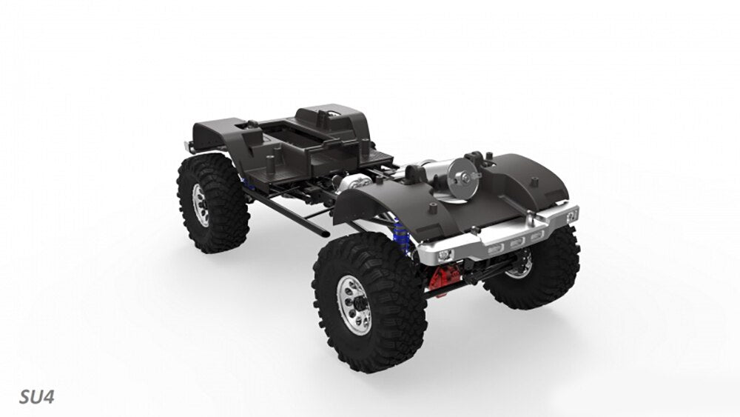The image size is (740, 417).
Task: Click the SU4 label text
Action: (36, 397)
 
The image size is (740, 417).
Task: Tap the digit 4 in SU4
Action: (48, 397)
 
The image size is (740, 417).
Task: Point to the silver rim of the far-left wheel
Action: (201, 204)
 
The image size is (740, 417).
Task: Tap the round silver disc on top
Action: (464, 178)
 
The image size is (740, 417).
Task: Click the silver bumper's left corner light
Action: (445, 256)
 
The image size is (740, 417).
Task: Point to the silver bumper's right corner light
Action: (571, 216)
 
